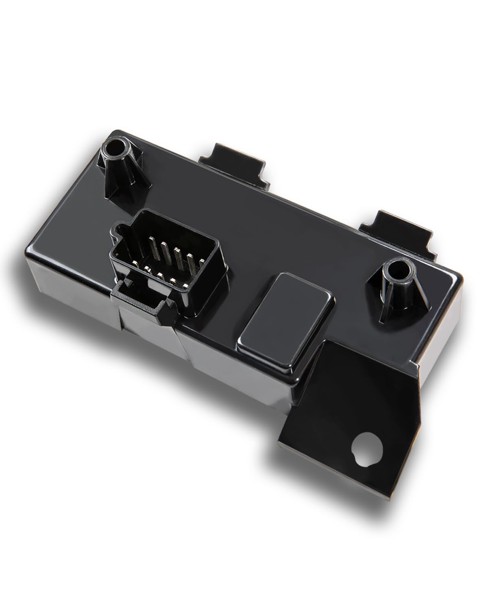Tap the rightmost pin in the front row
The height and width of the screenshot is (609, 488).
[x=185, y=285]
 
